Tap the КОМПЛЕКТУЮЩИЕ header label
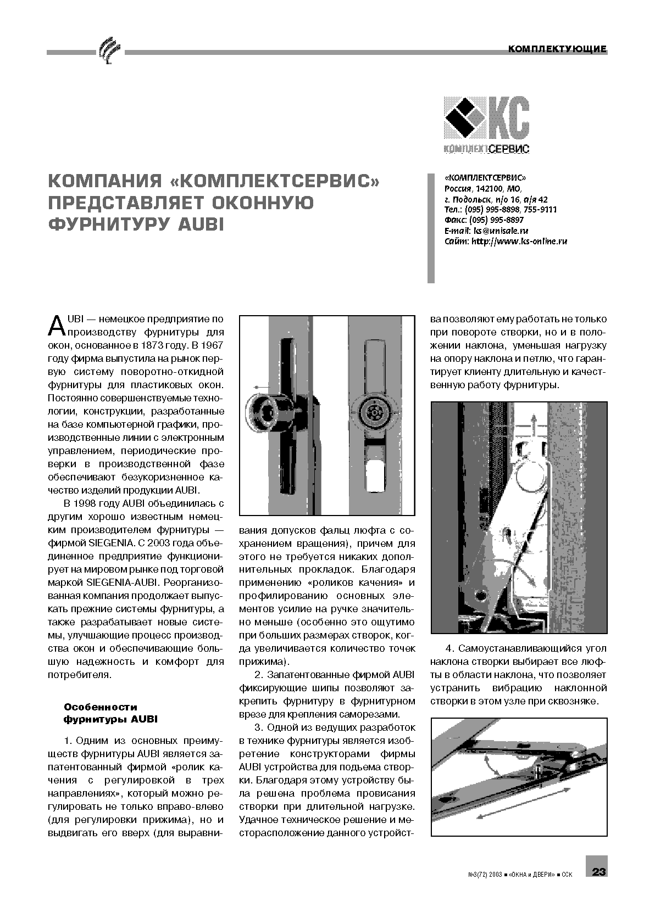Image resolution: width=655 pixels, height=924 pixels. (557, 49)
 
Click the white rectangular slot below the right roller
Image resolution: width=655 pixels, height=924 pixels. (375, 475)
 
